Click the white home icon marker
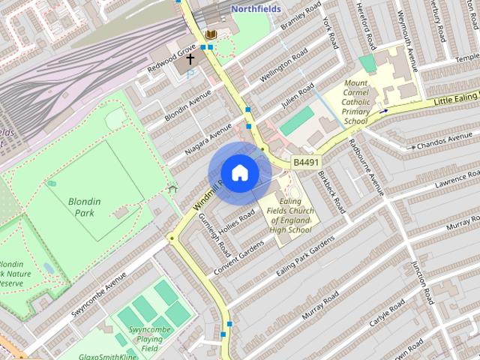pyautogui.click(x=238, y=173)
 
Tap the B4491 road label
pyautogui.click(x=305, y=162)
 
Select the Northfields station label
pyautogui.click(x=256, y=9)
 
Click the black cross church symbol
pyautogui.click(x=190, y=58)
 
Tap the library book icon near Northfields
pyautogui.click(x=212, y=35)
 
